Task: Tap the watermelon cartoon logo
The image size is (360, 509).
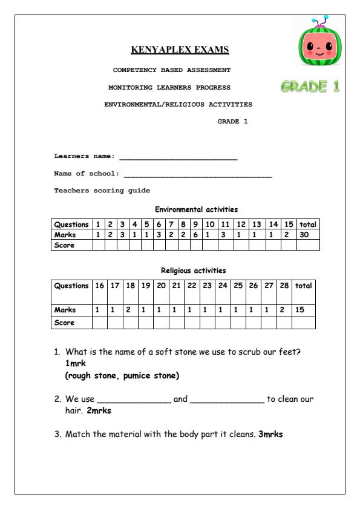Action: pyautogui.click(x=318, y=50)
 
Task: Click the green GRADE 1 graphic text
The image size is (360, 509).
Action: pyautogui.click(x=309, y=87)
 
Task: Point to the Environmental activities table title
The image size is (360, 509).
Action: pyautogui.click(x=196, y=209)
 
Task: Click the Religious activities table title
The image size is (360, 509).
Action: pyautogui.click(x=193, y=271)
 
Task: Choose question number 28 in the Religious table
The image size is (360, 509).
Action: pyautogui.click(x=284, y=286)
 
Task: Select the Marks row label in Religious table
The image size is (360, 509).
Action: pyautogui.click(x=65, y=310)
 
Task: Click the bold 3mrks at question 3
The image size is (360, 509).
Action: pyautogui.click(x=270, y=434)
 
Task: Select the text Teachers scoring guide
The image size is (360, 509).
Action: pyautogui.click(x=94, y=191)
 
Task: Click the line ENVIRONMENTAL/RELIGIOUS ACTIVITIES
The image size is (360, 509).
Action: pyautogui.click(x=178, y=105)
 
